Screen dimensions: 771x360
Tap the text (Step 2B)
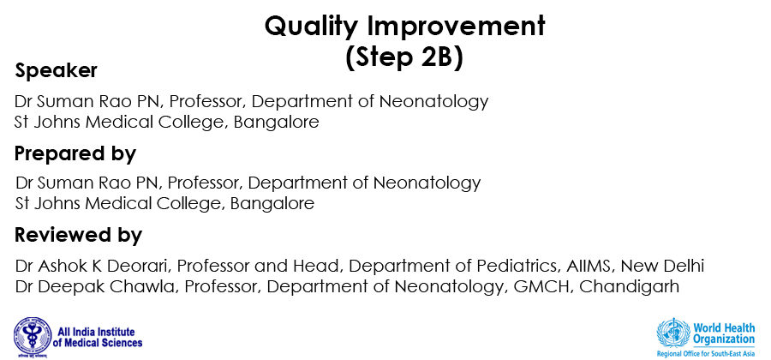(404, 58)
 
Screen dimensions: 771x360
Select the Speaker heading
(56, 71)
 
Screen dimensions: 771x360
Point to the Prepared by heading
(75, 154)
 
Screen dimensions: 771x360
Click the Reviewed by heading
(78, 235)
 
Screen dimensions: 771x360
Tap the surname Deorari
(145, 266)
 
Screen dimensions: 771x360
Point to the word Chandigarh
(630, 286)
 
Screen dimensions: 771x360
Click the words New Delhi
(662, 266)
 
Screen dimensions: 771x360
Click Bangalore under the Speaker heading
(277, 122)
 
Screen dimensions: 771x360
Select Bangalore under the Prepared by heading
(272, 203)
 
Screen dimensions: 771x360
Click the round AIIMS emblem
(33, 337)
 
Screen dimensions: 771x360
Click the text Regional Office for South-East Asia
(706, 354)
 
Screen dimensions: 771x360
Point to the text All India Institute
(96, 332)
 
